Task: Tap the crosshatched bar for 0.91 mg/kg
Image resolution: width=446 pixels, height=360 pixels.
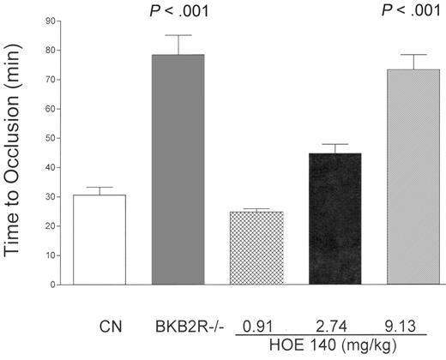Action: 257,249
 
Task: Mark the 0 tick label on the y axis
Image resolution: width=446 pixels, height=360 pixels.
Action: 43,285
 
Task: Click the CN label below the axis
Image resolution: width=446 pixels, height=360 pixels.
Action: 99,327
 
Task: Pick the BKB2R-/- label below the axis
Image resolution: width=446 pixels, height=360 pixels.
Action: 178,327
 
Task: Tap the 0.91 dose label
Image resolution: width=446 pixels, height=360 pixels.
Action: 256,327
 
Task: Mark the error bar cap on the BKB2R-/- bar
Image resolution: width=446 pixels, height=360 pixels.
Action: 178,35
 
